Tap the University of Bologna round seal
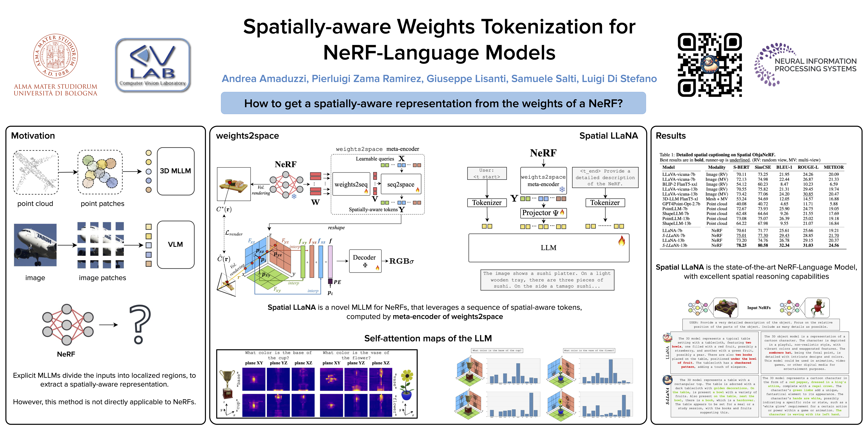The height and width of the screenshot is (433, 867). [56, 56]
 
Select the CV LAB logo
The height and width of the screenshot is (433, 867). [153, 65]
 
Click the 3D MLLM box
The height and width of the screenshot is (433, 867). [175, 171]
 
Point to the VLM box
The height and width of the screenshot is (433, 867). [175, 244]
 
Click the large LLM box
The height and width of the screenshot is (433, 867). [549, 248]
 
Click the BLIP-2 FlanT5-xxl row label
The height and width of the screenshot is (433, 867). [680, 184]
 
